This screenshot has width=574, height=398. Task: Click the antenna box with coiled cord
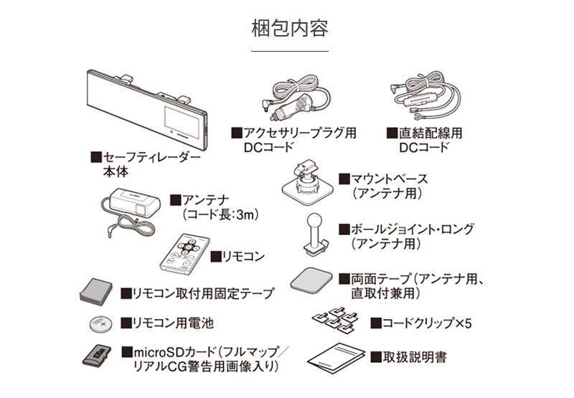pyautogui.click(x=129, y=208)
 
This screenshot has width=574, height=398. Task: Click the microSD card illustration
pyautogui.click(x=96, y=356)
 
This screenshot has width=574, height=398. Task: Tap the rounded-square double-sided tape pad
pyautogui.click(x=313, y=281)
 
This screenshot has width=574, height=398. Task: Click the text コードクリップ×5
pyautogui.click(x=420, y=323)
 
